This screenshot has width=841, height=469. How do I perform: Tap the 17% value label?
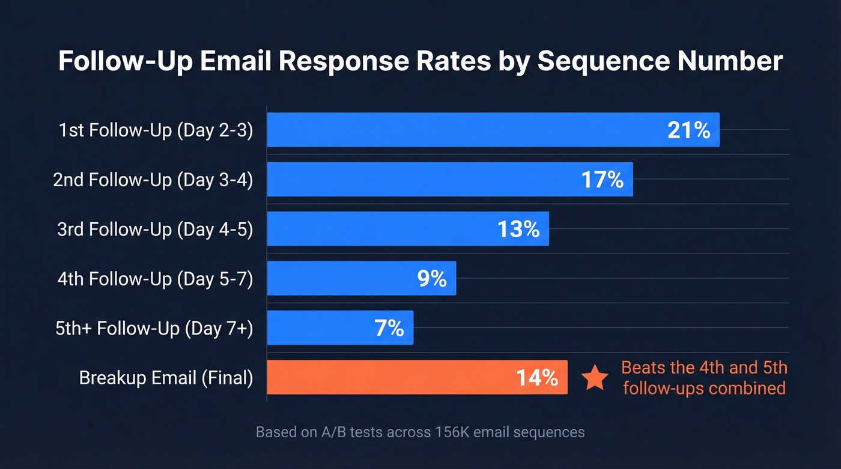pyautogui.click(x=602, y=180)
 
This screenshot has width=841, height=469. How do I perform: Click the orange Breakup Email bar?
pyautogui.click(x=390, y=378)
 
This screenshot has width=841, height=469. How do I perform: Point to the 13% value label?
pyautogui.click(x=518, y=229)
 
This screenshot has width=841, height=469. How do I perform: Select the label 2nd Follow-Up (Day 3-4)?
pyautogui.click(x=153, y=180)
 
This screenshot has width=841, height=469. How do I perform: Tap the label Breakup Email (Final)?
pyautogui.click(x=166, y=378)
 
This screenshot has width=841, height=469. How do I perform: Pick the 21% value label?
pyautogui.click(x=688, y=130)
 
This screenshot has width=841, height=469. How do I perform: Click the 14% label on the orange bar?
pyautogui.click(x=536, y=378)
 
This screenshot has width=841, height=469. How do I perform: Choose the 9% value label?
pyautogui.click(x=431, y=279)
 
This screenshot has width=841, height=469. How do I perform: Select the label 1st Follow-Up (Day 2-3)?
pyautogui.click(x=156, y=130)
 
